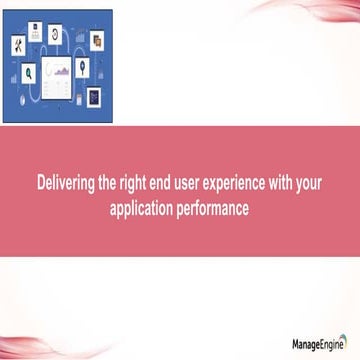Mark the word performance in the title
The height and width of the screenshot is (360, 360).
pyautogui.click(x=214, y=210)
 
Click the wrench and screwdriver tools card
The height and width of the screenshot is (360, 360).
pyautogui.click(x=19, y=45)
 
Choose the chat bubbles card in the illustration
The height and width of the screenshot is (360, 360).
pyautogui.click(x=96, y=41)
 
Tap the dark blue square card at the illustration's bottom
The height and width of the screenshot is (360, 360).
pyautogui.click(x=95, y=98)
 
